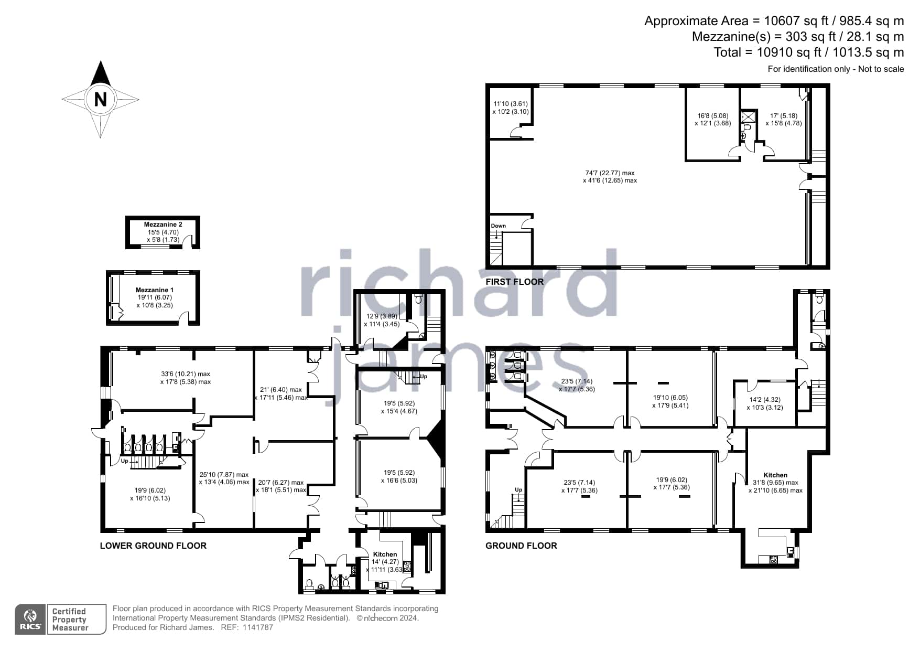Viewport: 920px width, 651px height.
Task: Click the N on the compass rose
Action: coord(100,99)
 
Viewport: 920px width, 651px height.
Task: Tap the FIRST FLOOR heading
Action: coord(514,282)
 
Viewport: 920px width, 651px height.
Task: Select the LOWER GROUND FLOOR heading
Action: coord(153,546)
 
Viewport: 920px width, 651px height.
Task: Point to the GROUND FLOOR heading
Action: coord(521,546)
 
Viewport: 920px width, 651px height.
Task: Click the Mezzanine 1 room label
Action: coord(155,290)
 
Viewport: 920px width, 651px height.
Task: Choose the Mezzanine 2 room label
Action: coord(163,225)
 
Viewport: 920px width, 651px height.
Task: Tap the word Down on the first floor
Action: coord(499,226)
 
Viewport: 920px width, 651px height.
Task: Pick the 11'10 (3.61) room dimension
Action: coord(511,104)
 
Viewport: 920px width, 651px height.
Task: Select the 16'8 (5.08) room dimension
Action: coord(713,116)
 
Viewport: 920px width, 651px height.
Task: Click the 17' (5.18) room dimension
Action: coord(784,116)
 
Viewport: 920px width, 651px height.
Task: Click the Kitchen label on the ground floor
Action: coord(775,475)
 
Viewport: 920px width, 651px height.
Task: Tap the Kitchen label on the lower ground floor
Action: coord(385,554)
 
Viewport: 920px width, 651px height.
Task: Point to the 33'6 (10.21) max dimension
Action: coord(185,374)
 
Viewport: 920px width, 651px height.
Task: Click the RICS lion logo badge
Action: coord(31,620)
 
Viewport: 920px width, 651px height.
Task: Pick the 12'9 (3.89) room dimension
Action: coord(382,316)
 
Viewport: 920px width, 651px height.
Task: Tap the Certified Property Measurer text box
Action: coord(77,620)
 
